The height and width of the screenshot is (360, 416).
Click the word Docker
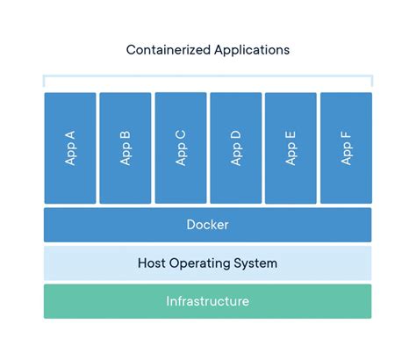tap(208, 225)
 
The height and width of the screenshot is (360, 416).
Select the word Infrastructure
tap(208, 301)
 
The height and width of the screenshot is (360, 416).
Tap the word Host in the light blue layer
tap(154, 263)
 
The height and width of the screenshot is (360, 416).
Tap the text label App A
tap(70, 148)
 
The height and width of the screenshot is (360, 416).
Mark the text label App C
tap(181, 148)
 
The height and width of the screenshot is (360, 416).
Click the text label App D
tap(235, 148)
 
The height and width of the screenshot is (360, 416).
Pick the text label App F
tap(346, 148)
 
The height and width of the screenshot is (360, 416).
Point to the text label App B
tap(126, 148)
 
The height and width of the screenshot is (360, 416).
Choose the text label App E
tap(290, 148)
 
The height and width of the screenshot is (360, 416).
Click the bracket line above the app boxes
tap(208, 76)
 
